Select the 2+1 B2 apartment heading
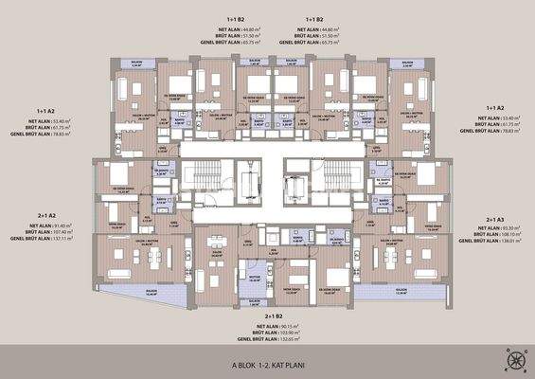(x=274, y=316)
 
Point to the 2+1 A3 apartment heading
(x=497, y=219)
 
